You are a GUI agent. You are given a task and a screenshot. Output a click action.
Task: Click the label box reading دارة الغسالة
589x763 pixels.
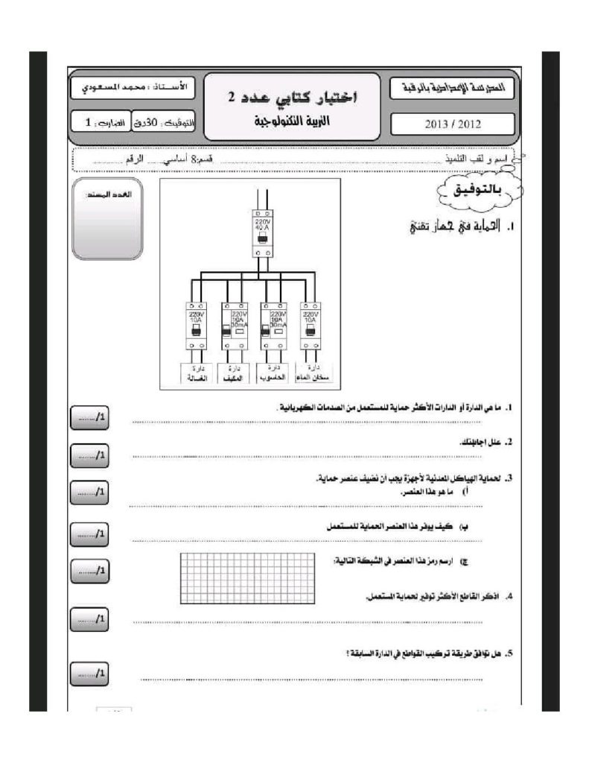(x=197, y=373)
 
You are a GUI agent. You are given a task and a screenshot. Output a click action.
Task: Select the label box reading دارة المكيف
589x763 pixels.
(x=235, y=373)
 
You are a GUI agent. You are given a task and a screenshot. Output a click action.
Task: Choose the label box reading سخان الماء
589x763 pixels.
(x=313, y=373)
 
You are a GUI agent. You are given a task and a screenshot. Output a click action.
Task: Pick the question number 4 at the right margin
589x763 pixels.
(x=508, y=597)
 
